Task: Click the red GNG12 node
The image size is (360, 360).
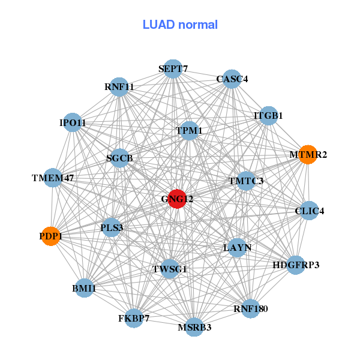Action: click(x=176, y=199)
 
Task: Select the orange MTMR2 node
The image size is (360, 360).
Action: click(x=308, y=155)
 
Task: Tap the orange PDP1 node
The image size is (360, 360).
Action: click(x=51, y=236)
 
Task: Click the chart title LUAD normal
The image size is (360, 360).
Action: click(x=180, y=25)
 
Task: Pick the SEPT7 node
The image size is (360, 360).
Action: click(x=173, y=69)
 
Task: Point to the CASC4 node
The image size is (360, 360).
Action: click(x=232, y=79)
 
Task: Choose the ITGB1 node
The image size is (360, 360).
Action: click(x=268, y=116)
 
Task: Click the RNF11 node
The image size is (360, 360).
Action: click(x=119, y=87)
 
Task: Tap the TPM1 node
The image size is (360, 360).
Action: click(x=189, y=131)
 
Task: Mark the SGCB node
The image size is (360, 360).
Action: click(x=119, y=158)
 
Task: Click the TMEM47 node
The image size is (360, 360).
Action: click(x=53, y=178)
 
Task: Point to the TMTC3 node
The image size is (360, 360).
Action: click(x=245, y=181)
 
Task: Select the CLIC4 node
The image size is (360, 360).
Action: click(x=309, y=211)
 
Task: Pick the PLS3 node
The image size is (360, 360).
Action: click(x=111, y=227)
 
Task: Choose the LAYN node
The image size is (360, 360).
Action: click(x=238, y=247)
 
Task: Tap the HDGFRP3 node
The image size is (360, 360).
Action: click(x=295, y=265)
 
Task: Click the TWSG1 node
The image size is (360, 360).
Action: click(x=170, y=269)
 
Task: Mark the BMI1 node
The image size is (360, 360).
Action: click(x=84, y=289)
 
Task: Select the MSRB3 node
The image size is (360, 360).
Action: click(x=194, y=327)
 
